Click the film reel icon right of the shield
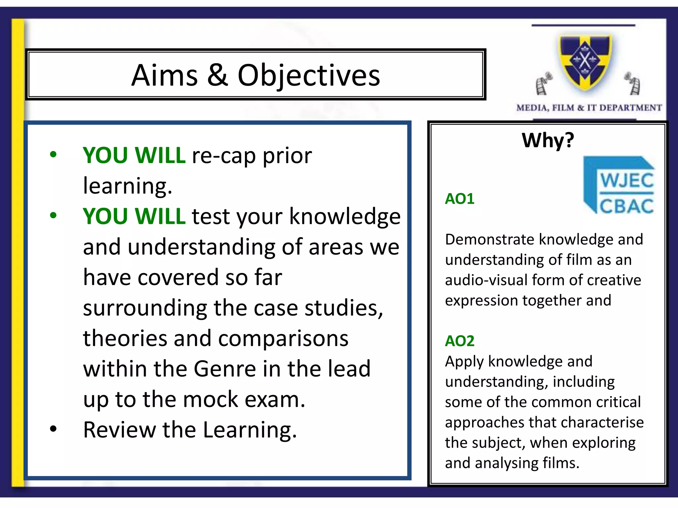[633, 83]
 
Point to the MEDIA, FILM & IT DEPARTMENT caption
[589, 108]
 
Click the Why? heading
[548, 140]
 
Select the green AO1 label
[460, 199]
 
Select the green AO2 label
[460, 341]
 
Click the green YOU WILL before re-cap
[134, 155]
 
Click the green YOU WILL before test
[134, 216]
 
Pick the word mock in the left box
[210, 399]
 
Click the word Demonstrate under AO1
[490, 239]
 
